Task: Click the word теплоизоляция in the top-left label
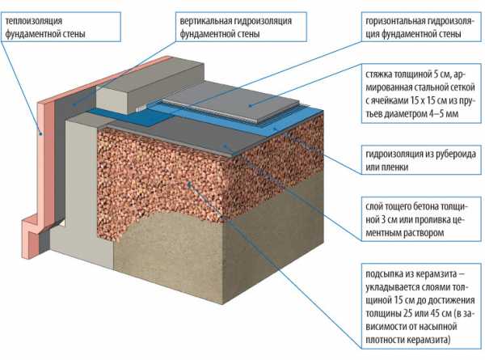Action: pos(34,21)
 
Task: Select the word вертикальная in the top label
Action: pos(205,21)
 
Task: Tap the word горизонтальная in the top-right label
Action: pos(395,21)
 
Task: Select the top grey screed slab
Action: pos(230,104)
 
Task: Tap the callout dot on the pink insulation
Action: pos(40,134)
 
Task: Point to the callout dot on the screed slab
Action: pos(250,106)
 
